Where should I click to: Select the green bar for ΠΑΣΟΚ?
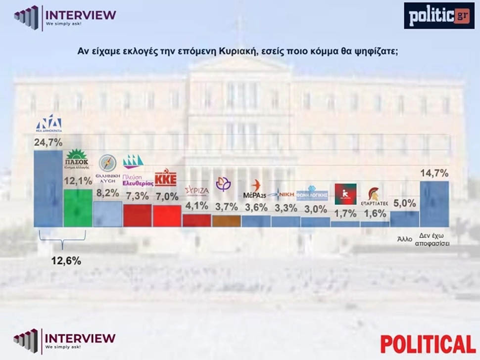78,208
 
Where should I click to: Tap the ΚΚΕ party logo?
166,179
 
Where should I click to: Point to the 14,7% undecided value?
434,173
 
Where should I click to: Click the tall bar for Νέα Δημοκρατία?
48,188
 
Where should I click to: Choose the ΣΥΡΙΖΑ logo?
196,190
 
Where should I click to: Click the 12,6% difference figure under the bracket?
66,261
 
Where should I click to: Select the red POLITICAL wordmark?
428,344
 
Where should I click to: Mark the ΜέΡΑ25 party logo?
256,189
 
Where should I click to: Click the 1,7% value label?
345,214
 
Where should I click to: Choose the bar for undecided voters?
434,204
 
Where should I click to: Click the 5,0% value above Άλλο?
405,202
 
